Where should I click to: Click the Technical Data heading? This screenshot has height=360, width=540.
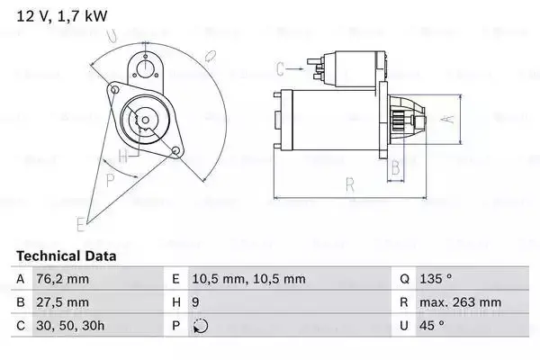coord(67,256)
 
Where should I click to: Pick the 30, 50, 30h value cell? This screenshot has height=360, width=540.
coord(73,326)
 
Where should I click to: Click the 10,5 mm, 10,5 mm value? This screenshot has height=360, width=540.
coord(251,279)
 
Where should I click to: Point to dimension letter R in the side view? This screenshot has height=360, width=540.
coord(350,186)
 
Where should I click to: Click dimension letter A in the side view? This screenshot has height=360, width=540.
coord(444,118)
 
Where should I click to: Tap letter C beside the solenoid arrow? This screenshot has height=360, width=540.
coord(280,68)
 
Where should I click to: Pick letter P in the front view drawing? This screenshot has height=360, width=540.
coord(110,179)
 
